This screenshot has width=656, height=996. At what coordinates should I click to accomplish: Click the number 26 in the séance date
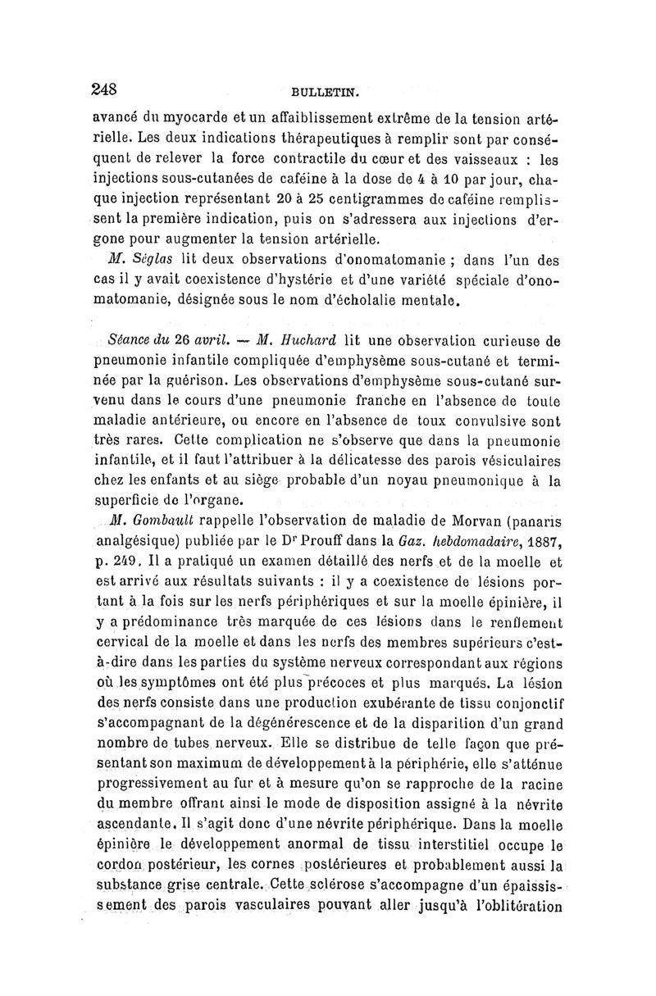[187, 340]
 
